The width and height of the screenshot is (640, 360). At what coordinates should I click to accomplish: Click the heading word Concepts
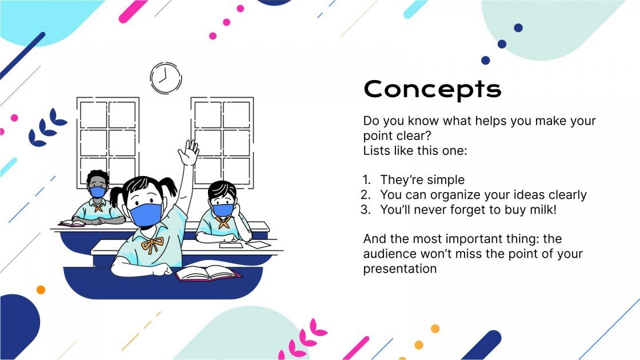(432, 89)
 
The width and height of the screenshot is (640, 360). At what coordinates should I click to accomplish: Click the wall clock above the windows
(166, 78)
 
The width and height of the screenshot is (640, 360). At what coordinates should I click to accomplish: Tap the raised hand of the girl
(188, 153)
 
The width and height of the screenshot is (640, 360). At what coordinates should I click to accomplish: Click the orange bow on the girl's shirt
(152, 244)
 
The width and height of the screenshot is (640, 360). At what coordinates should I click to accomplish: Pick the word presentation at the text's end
(400, 269)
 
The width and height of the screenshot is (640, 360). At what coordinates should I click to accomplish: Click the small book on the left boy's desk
(72, 223)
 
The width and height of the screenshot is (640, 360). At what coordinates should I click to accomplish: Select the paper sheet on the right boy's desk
(259, 244)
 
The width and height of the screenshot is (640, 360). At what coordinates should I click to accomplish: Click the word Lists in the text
(375, 151)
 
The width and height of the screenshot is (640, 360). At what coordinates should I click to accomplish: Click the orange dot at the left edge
(41, 290)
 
